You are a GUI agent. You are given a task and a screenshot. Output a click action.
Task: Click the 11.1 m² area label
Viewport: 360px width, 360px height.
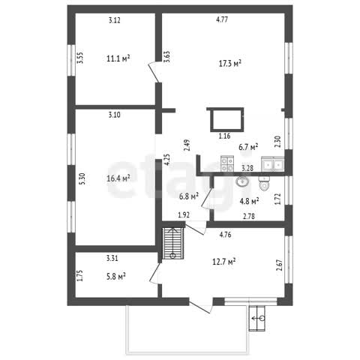tap(118, 58)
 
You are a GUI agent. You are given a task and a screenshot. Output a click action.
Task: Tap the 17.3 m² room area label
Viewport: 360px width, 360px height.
tap(230, 63)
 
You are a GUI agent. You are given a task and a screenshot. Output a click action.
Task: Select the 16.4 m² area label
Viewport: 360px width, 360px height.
tap(118, 178)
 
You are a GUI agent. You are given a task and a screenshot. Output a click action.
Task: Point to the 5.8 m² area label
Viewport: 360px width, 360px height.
tap(115, 277)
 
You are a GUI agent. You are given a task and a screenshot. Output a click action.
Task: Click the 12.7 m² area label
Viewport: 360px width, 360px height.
tap(224, 262)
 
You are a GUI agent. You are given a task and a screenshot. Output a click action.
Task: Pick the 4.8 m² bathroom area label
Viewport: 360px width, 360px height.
tap(249, 201)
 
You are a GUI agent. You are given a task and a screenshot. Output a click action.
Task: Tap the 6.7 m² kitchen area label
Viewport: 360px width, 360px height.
tap(248, 147)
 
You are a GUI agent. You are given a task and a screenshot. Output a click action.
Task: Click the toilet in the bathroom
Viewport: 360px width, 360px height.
tap(264, 183)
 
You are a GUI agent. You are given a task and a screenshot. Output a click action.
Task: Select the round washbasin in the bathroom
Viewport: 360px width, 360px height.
tap(241, 181)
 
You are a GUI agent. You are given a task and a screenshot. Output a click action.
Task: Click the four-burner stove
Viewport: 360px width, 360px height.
tap(227, 163)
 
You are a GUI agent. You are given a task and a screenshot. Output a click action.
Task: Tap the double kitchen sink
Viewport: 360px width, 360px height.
tap(273, 164)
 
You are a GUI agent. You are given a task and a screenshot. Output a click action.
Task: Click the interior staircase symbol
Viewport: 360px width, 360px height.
tap(173, 243)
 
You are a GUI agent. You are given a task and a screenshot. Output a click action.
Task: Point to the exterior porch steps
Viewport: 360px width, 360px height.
tap(257, 318)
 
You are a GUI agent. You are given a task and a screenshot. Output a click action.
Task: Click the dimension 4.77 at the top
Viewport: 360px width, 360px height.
tap(222, 19)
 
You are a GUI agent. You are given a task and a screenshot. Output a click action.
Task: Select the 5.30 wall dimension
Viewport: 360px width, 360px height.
tap(82, 178)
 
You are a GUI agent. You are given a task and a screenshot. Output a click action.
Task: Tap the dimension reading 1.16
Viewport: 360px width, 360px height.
tap(224, 136)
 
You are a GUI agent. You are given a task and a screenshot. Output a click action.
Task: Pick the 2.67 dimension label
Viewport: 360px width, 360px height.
tap(279, 265)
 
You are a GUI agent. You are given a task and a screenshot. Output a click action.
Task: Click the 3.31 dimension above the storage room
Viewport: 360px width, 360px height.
tap(112, 258)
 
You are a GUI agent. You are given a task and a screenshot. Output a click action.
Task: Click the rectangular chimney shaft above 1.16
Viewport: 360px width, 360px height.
tap(227, 119)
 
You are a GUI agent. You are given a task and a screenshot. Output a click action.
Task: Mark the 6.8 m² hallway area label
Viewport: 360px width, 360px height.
tap(189, 196)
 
